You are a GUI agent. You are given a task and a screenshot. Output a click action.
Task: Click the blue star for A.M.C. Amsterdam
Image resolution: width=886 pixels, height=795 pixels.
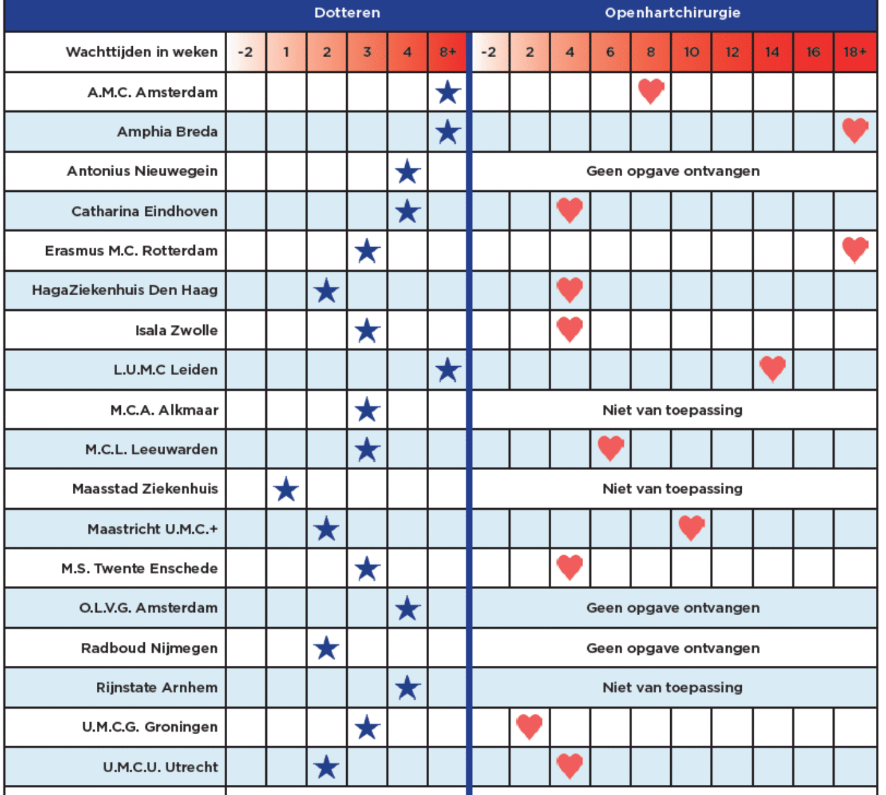[x=447, y=92]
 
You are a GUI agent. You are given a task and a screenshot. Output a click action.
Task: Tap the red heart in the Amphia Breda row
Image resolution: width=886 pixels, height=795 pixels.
[x=854, y=130]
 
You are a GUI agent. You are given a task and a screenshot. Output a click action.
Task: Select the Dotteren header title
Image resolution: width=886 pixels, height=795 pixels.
[x=347, y=13]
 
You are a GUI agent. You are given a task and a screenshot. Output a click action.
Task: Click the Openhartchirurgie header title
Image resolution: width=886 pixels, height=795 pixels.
[x=672, y=13]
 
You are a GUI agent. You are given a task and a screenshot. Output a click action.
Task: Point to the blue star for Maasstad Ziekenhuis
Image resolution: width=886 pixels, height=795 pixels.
[x=286, y=489]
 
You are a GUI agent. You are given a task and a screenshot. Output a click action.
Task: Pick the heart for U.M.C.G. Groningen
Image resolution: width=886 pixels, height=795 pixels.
[x=529, y=726]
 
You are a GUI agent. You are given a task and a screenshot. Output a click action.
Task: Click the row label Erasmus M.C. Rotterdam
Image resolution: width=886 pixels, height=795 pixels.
[x=131, y=250]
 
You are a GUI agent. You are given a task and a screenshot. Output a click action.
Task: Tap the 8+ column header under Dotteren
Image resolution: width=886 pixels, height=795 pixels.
[x=447, y=52]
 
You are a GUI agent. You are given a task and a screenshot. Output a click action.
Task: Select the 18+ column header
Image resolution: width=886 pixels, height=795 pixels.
[x=854, y=52]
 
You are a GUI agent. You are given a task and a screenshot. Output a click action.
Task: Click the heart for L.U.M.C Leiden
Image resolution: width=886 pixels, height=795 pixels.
[x=772, y=369]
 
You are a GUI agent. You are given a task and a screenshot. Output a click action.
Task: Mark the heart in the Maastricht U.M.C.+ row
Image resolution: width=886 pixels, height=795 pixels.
[x=691, y=528]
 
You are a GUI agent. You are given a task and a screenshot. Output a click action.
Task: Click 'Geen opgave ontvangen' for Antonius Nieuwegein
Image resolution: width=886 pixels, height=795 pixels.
[x=673, y=171]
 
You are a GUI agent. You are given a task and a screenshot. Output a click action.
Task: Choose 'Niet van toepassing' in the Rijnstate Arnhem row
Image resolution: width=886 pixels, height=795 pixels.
[x=672, y=687]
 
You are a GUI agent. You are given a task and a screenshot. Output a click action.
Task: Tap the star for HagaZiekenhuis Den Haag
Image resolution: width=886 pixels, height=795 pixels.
[x=327, y=291]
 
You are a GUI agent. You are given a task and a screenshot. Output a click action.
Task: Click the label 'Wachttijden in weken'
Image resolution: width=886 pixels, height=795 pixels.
[x=141, y=52]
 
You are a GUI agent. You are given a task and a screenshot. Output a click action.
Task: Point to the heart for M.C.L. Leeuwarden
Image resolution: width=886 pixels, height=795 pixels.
[x=611, y=448]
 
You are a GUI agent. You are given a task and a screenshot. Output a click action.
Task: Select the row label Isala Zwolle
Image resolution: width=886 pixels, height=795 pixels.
[x=176, y=330]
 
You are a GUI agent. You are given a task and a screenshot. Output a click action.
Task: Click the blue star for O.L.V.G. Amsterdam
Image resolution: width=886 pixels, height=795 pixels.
[x=408, y=609]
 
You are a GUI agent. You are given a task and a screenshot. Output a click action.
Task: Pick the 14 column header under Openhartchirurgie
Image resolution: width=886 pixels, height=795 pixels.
[x=772, y=52]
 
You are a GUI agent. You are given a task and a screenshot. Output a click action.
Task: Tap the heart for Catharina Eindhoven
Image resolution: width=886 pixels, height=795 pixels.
[x=570, y=210]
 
